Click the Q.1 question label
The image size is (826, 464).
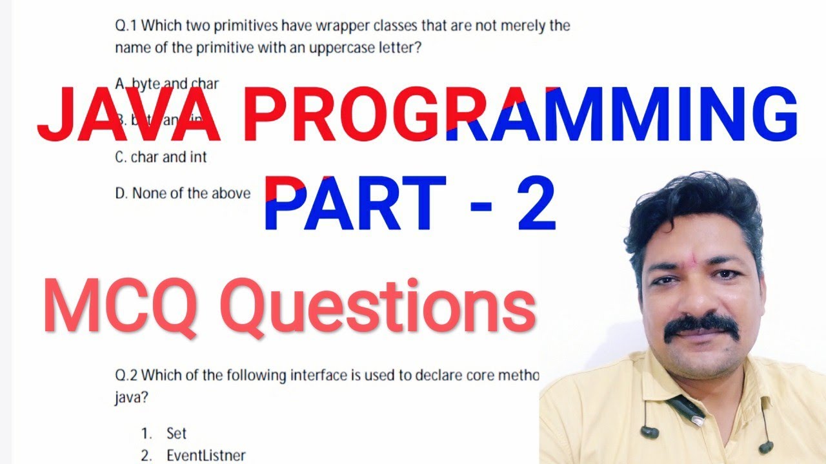126,26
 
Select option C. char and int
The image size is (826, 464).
161,157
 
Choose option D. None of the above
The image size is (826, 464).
183,193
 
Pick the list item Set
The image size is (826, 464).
176,434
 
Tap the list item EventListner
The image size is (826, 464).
206,456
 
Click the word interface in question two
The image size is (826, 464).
321,374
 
